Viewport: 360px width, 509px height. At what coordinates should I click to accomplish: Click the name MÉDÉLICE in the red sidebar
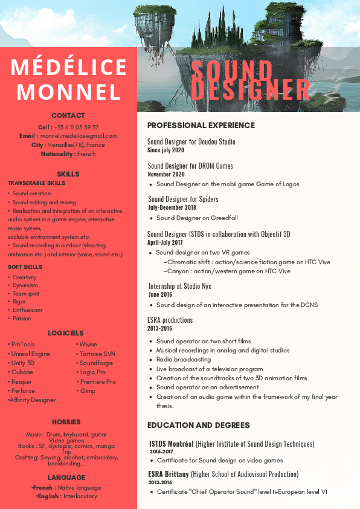coord(68,67)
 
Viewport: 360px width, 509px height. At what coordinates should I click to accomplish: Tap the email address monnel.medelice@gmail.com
coord(79,136)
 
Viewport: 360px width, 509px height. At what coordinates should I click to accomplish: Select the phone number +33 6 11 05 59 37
coord(76,127)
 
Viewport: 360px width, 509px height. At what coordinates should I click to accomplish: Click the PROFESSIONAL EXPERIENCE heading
coord(201,125)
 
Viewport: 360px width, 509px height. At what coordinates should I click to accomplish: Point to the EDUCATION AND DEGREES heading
coord(199,425)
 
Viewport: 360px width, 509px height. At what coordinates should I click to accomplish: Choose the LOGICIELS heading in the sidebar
coord(66,333)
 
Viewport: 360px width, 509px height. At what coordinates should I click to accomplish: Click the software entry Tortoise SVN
coord(97,354)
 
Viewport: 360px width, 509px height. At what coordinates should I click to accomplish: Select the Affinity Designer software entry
coord(33,400)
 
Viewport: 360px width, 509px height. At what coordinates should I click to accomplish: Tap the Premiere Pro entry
coord(98,381)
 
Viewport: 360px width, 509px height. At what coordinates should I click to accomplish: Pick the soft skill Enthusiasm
coord(27,310)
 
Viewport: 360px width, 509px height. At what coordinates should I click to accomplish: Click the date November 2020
coord(166,174)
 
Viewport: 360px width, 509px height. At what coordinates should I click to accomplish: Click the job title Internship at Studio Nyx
coord(180,286)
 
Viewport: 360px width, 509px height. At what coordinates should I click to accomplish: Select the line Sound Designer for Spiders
coord(183,199)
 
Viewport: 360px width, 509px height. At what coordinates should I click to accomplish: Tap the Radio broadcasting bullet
coord(184,360)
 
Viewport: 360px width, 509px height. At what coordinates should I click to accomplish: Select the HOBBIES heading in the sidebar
coord(66,422)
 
